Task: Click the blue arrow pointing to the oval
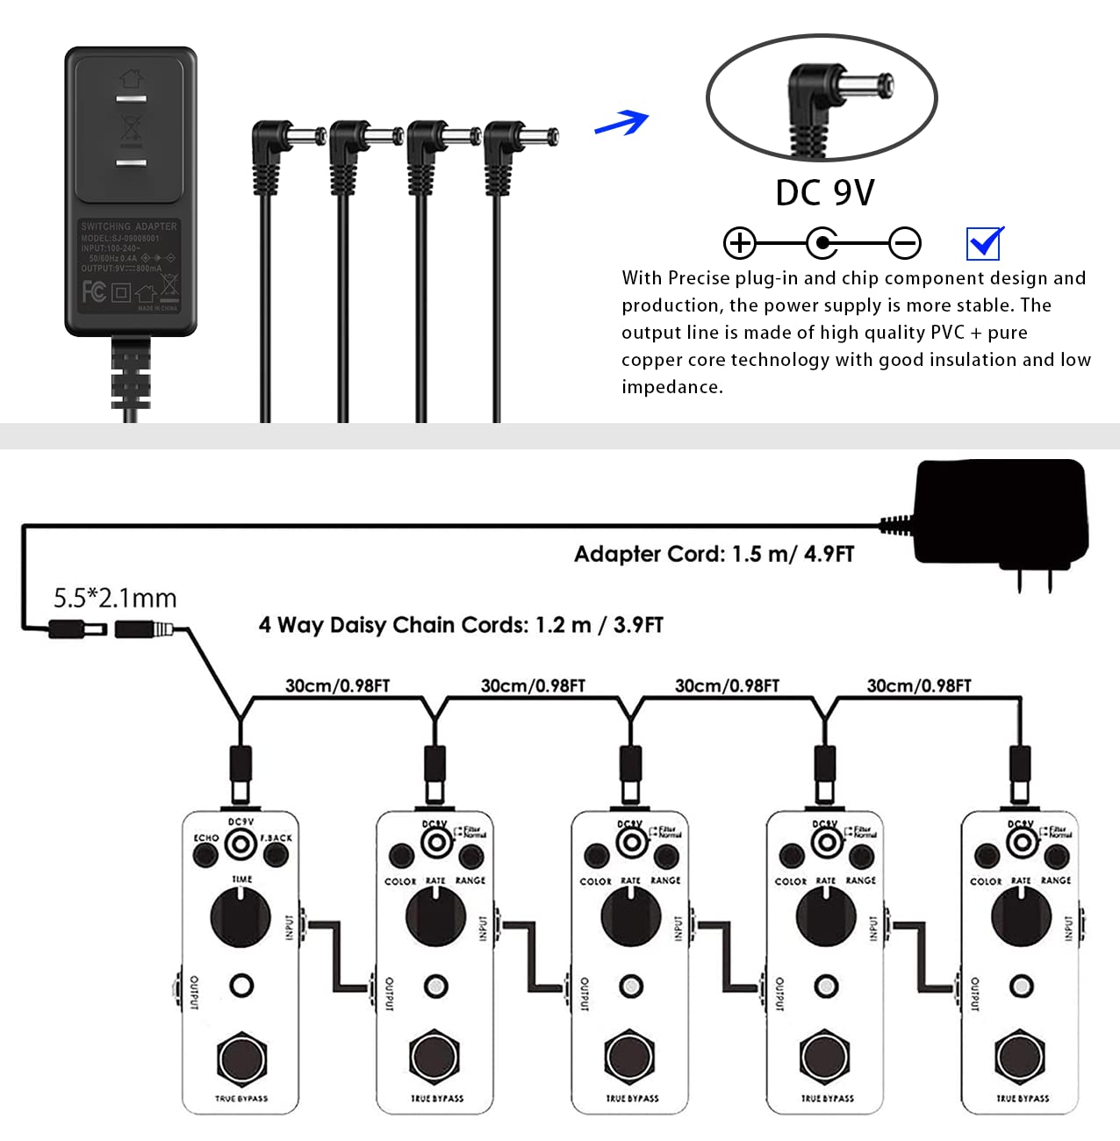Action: tap(622, 123)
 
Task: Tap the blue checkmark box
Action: tap(984, 243)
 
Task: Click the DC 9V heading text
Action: tap(824, 193)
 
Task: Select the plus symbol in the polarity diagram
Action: tap(739, 243)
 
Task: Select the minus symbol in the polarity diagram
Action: tap(904, 243)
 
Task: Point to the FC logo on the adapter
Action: tap(94, 291)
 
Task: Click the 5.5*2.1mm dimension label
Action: tap(115, 599)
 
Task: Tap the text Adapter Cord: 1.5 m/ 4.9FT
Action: tap(714, 554)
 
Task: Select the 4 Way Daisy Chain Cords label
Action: tap(461, 625)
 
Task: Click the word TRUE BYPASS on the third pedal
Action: tap(632, 1098)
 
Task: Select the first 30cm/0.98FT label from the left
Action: tap(337, 685)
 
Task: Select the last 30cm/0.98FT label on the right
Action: tap(919, 685)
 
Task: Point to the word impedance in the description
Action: tap(671, 387)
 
